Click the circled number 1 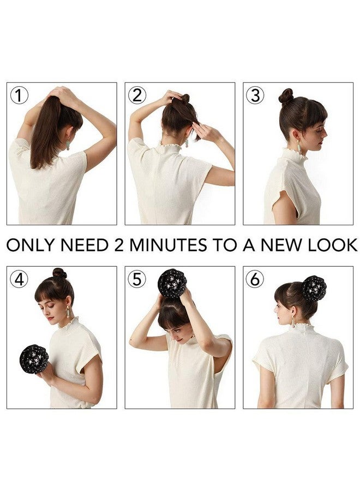[20, 95]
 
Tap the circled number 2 [137, 95]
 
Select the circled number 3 [255, 95]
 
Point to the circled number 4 [20, 279]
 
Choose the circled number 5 [137, 279]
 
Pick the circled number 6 [255, 279]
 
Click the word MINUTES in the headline [168, 245]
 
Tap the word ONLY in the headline [31, 245]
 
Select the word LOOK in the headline [332, 245]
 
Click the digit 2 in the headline [119, 245]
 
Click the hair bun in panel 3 [286, 97]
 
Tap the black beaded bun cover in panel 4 [34, 359]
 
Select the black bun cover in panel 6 [314, 288]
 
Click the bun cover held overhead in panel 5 [172, 283]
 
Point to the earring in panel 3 [299, 147]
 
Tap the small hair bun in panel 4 [59, 273]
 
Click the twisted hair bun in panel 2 [185, 99]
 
